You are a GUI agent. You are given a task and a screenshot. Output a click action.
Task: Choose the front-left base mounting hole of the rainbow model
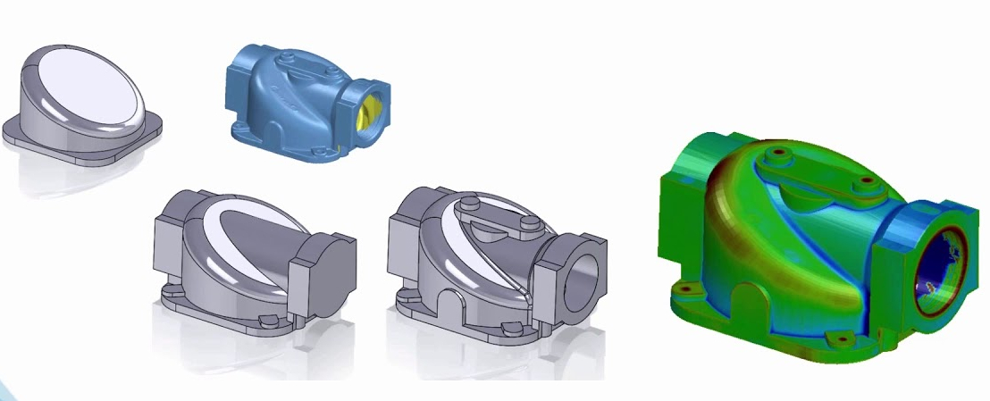(x=686, y=289)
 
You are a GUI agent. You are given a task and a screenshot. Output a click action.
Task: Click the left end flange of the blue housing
(x=239, y=75)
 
